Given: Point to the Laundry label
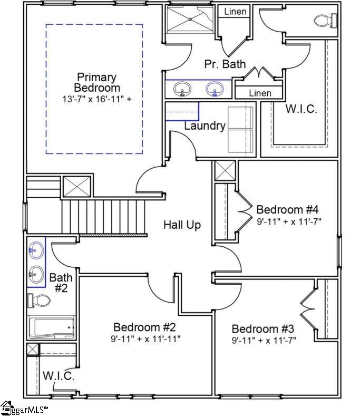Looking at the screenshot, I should pos(205,126).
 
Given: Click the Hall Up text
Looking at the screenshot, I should pos(182,225).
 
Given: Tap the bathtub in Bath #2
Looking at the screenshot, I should pos(51,327).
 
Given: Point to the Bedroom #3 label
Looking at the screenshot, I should pos(264,328).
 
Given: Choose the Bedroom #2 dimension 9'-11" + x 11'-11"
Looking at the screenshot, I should pos(145,338).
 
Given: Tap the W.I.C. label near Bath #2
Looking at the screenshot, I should pos(58,376).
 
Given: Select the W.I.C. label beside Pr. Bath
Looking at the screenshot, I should pos(301,109).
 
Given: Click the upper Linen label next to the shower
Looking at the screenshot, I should pos(235,12).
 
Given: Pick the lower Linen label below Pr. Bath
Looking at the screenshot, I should pos(259,93).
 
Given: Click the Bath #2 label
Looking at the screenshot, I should pos(61,283).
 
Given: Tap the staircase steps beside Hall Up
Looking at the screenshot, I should pos(103,216).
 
